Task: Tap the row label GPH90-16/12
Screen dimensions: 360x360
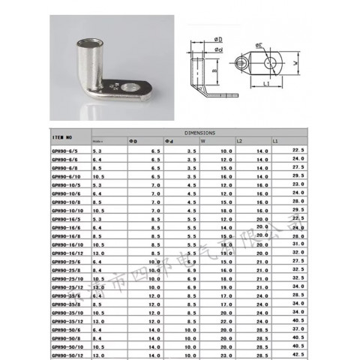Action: (64, 253)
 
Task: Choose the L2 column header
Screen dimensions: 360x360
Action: (239, 140)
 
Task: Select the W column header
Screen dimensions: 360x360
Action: (203, 140)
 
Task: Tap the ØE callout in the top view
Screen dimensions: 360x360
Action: (259, 44)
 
